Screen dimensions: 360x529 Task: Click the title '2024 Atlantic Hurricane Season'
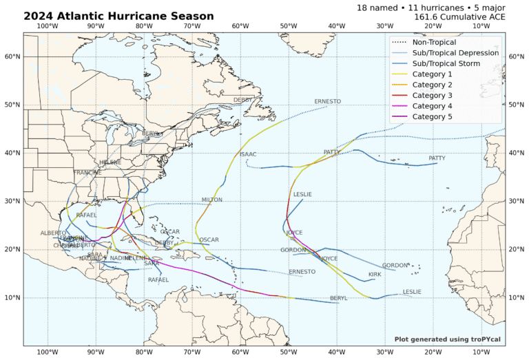point(118,16)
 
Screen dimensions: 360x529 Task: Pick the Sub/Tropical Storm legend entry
point(455,64)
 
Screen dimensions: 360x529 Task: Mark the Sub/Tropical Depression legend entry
point(455,53)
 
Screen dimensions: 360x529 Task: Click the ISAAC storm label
point(248,154)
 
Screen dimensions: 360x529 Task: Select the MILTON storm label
point(212,200)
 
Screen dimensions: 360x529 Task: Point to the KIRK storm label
point(375,275)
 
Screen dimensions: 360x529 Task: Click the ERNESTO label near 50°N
point(327,101)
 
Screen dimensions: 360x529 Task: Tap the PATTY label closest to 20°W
point(437,158)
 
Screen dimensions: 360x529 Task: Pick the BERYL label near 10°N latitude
point(338,298)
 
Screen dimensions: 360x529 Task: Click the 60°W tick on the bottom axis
point(240,352)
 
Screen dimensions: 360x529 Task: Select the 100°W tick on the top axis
point(47,26)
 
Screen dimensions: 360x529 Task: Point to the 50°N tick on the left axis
point(12,105)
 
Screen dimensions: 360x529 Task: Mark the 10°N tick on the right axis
point(516,297)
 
